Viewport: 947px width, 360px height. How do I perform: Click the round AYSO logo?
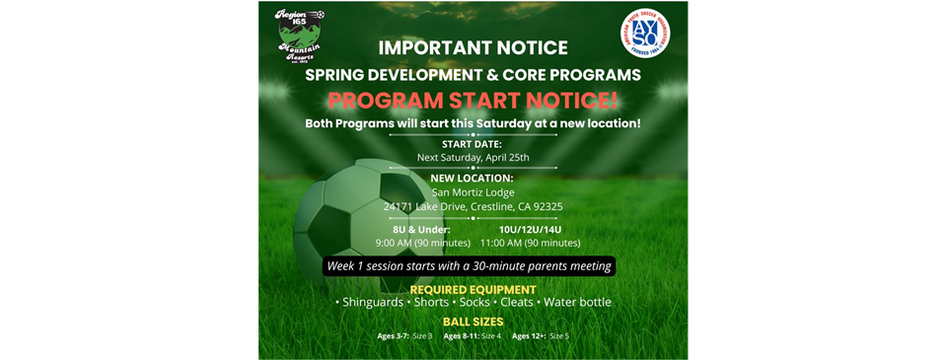pos(648,37)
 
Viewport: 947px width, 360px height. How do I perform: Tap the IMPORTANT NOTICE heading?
pos(473,47)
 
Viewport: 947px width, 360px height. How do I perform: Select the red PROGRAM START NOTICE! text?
pos(473,100)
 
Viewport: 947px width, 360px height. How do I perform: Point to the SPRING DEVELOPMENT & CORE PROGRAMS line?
pos(473,74)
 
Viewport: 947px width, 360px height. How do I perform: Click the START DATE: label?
pos(473,143)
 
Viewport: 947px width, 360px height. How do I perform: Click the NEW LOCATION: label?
pos(473,178)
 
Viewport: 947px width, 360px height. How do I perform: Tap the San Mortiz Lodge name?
pos(473,192)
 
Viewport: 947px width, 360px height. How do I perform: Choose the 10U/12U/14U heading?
pos(530,228)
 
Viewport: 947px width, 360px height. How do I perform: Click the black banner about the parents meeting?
pos(471,266)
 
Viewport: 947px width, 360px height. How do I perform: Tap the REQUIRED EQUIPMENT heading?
pos(473,290)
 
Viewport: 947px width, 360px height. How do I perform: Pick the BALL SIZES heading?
pos(473,322)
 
